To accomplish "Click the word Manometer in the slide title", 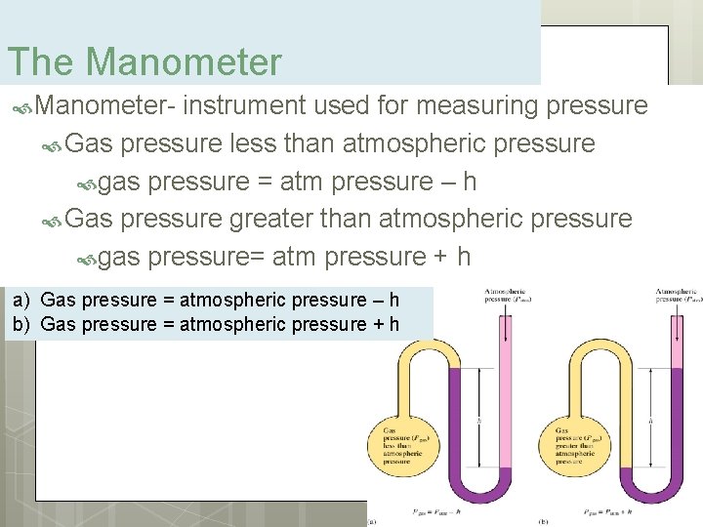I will tap(184, 62).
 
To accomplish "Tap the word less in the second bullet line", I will tap(253, 143).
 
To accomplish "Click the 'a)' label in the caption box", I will tap(21, 301).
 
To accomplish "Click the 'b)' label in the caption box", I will tap(21, 324).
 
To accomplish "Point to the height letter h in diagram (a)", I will tap(479, 421).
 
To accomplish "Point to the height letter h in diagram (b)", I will tap(651, 419).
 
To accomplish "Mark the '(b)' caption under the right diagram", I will tap(544, 521).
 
